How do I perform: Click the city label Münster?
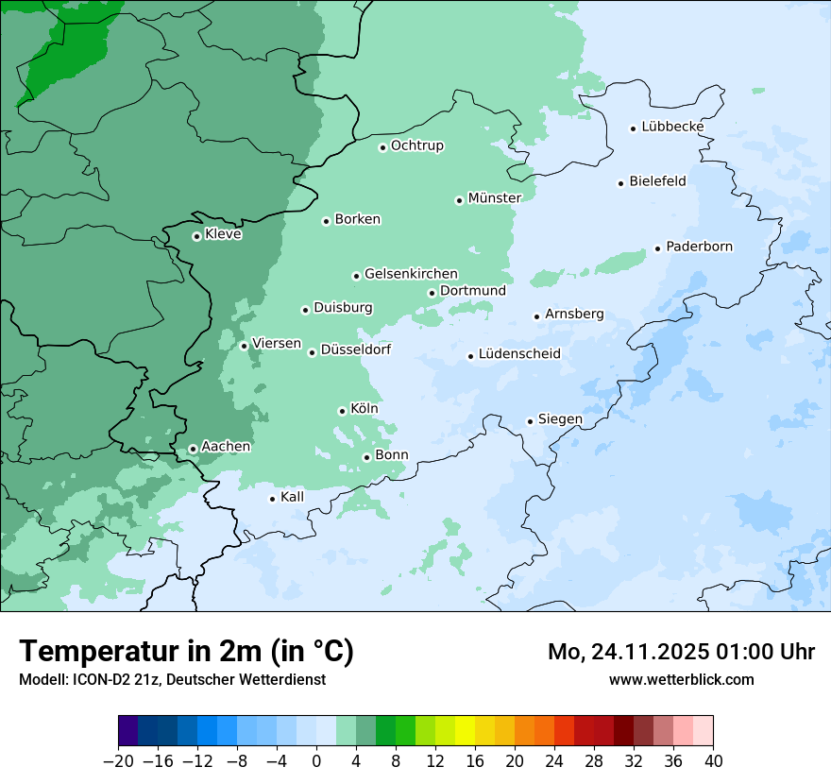[x=495, y=197]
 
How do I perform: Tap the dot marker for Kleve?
[x=196, y=236]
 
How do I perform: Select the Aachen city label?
[x=226, y=447]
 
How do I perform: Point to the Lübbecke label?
[x=672, y=127]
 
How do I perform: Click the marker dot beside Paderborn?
[x=657, y=248]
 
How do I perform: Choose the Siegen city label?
[x=560, y=419]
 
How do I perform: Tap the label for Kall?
[x=293, y=497]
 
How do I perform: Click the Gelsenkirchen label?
[x=411, y=274]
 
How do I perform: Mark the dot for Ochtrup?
[x=382, y=146]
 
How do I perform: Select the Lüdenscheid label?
[x=519, y=354]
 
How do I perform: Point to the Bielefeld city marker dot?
[x=621, y=183]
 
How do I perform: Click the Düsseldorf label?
[x=356, y=349]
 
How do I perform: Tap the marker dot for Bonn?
[x=366, y=457]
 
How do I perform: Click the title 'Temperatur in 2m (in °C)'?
[x=186, y=651]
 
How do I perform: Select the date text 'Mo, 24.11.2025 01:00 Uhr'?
[x=681, y=652]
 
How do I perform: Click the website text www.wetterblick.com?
[x=681, y=679]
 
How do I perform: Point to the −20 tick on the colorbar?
[x=118, y=760]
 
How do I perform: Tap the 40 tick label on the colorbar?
[x=713, y=760]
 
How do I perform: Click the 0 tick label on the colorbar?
[x=316, y=760]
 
